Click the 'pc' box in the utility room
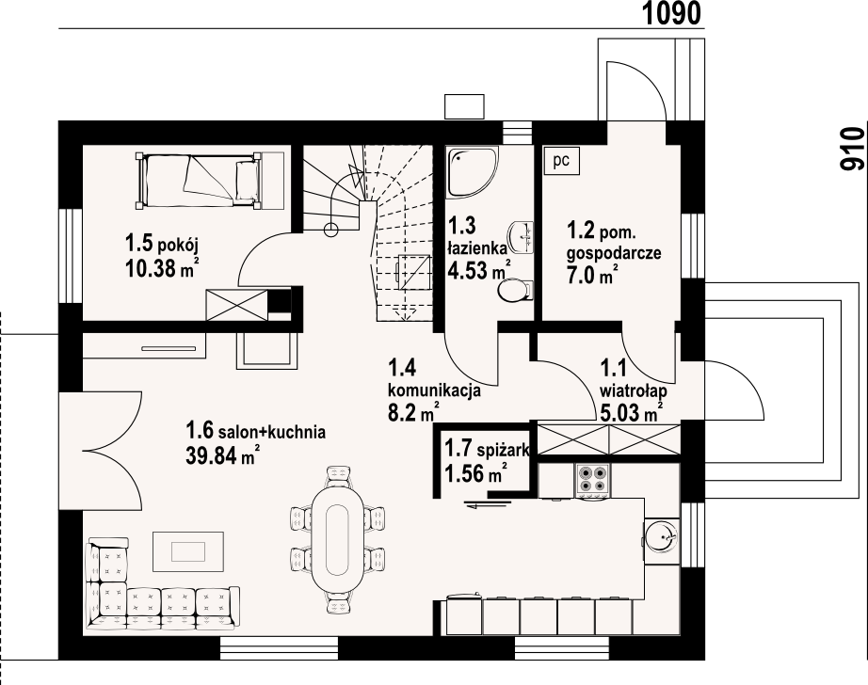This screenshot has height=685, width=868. point(561,161)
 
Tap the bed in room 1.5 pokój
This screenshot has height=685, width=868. point(199,181)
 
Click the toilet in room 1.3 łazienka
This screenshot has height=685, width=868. point(515,290)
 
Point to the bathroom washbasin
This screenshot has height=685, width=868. point(521,237)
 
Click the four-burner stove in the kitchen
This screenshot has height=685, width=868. point(593,479)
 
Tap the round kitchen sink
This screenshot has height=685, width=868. point(661,535)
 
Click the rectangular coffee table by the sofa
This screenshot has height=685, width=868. point(188,551)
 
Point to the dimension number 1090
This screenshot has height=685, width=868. point(671,13)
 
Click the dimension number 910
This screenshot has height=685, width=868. point(851,149)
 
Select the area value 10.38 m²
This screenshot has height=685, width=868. point(163,268)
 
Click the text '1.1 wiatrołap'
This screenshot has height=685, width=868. point(634,378)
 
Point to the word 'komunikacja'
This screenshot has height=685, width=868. point(434,391)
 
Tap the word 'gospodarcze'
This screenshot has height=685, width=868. point(614,253)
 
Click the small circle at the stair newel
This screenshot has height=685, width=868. point(330,229)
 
